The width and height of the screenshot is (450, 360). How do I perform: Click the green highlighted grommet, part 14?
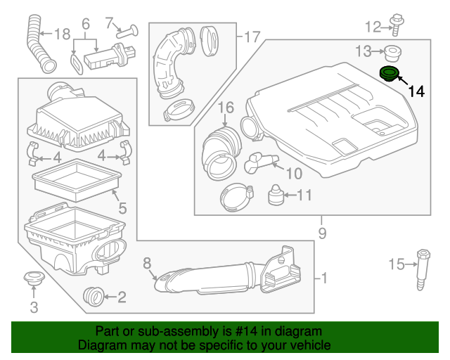388,74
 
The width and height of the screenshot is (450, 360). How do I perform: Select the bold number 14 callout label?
416,91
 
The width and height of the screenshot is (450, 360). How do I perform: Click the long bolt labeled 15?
423,269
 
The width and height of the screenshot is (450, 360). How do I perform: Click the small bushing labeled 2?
92,296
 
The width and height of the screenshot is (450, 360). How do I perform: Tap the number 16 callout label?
225,108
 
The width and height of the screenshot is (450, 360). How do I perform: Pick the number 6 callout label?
86,25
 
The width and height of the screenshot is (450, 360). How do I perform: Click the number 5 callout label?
122,208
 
